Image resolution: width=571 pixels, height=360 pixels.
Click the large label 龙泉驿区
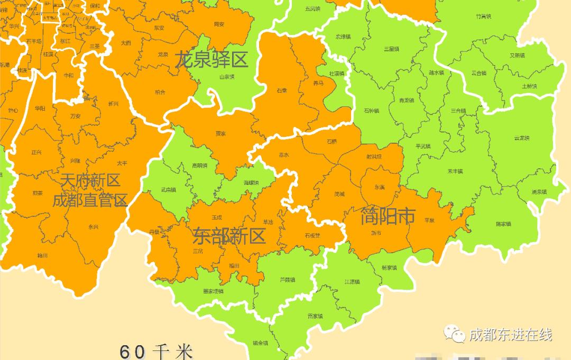point(211,60)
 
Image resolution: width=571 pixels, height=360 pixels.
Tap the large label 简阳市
point(388,216)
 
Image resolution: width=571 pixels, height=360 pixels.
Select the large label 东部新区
point(228,236)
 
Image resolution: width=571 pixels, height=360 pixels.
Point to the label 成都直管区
point(90,201)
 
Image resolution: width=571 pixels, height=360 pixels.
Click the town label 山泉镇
point(227,77)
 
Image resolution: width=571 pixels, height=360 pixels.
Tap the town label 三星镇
point(391,49)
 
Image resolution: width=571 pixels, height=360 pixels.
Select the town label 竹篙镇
point(483,17)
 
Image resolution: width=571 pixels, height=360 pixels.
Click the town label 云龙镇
point(521,139)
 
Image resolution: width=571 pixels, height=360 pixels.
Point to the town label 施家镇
point(503,224)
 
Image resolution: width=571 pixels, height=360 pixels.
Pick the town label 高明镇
point(199,165)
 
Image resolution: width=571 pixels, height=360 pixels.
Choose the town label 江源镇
point(352,282)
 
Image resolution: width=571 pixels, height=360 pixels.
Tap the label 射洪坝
point(374,156)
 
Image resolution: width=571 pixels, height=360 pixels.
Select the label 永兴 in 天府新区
point(93,227)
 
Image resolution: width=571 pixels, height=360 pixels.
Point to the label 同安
point(219,24)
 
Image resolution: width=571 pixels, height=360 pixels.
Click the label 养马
point(318,84)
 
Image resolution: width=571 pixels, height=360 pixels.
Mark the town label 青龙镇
point(406,100)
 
